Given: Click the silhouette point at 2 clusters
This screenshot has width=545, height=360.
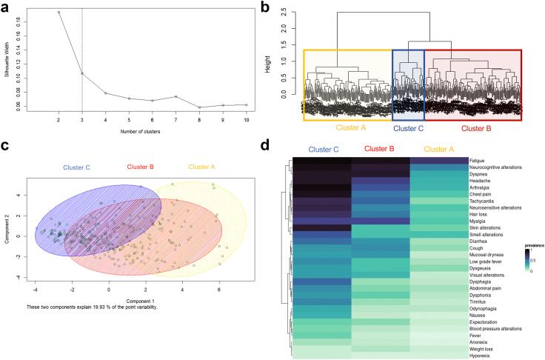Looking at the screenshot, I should [58, 13].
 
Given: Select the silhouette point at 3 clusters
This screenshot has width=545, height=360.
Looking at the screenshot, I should [82, 73].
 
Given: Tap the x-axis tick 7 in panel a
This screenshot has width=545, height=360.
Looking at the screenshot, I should [176, 119].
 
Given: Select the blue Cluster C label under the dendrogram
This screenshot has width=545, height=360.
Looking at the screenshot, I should [408, 128].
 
